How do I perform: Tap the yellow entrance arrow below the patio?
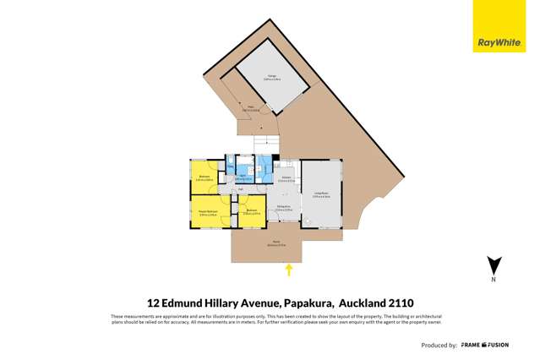coord(289,270)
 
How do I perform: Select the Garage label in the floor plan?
coord(273,78)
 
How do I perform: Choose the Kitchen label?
coord(287,178)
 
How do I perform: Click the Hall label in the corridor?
coord(241,190)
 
